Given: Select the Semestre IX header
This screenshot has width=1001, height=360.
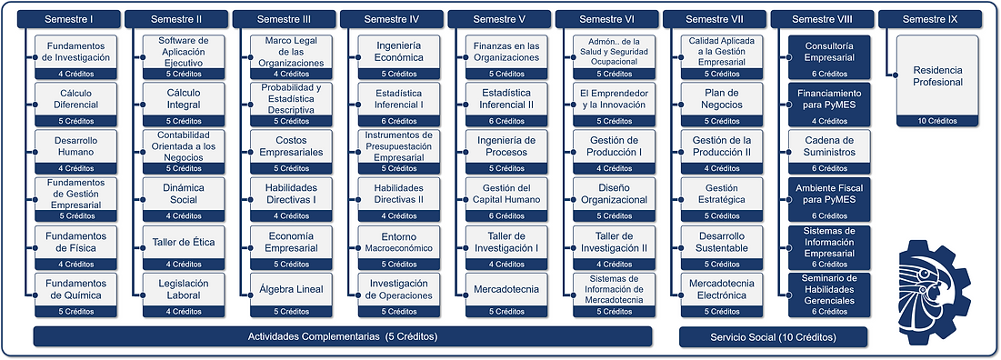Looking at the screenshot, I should [x=929, y=19].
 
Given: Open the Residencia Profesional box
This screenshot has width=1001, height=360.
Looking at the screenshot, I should [x=938, y=75].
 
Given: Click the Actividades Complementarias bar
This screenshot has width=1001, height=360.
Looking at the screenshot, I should [x=343, y=336].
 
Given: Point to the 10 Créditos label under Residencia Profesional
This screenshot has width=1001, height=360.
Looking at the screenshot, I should [x=938, y=120].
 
